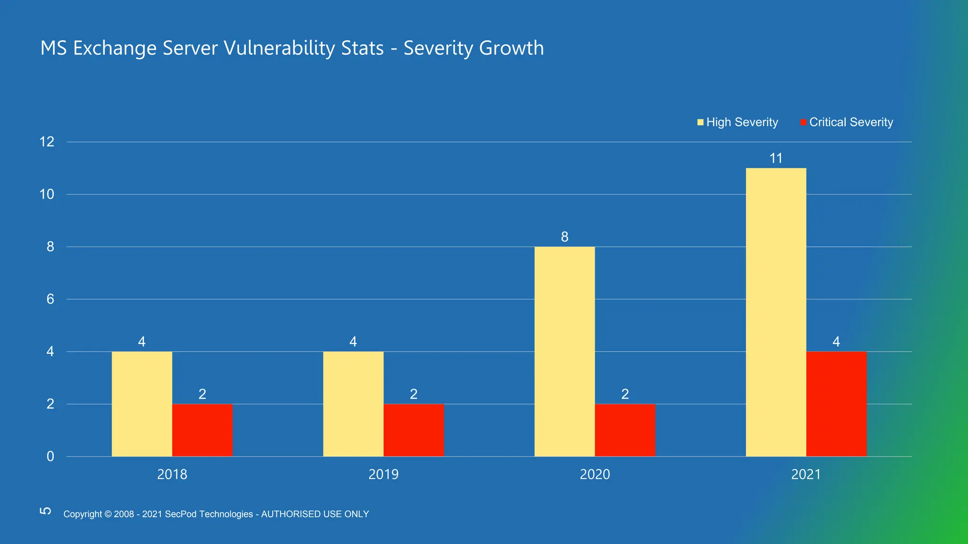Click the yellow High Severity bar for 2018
(142, 404)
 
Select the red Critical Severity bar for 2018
(202, 430)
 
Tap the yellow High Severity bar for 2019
(353, 404)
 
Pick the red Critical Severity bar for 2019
(414, 430)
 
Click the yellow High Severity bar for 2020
(564, 351)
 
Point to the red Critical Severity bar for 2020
(625, 430)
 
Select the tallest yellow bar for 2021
(776, 312)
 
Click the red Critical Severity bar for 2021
(836, 404)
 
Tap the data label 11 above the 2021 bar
(776, 158)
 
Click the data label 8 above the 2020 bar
(564, 237)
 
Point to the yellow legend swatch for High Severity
(700, 122)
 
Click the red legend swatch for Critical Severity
(804, 122)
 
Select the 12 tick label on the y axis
(47, 142)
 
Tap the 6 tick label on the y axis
(50, 299)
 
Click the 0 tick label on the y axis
(50, 456)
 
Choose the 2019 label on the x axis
(383, 474)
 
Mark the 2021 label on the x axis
(806, 474)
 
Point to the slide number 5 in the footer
(45, 511)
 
